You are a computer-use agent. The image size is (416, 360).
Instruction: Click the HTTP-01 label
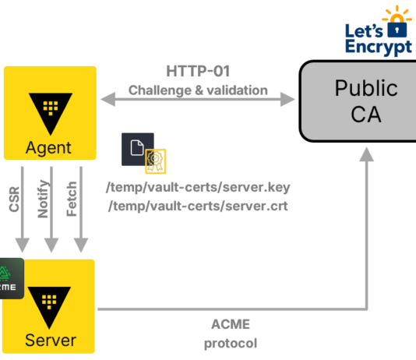pos(197,72)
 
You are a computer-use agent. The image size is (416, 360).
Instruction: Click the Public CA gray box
pos(358,101)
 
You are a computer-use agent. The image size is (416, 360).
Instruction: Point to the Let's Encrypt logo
pos(378,30)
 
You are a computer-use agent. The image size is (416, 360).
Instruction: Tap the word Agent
pos(49,147)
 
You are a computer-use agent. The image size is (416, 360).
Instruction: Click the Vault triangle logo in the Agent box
pos(49,109)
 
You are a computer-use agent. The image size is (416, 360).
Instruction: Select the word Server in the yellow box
pos(51,340)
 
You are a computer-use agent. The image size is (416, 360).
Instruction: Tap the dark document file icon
pos(136,150)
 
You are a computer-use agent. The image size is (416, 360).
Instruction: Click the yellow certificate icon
pos(155,160)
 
